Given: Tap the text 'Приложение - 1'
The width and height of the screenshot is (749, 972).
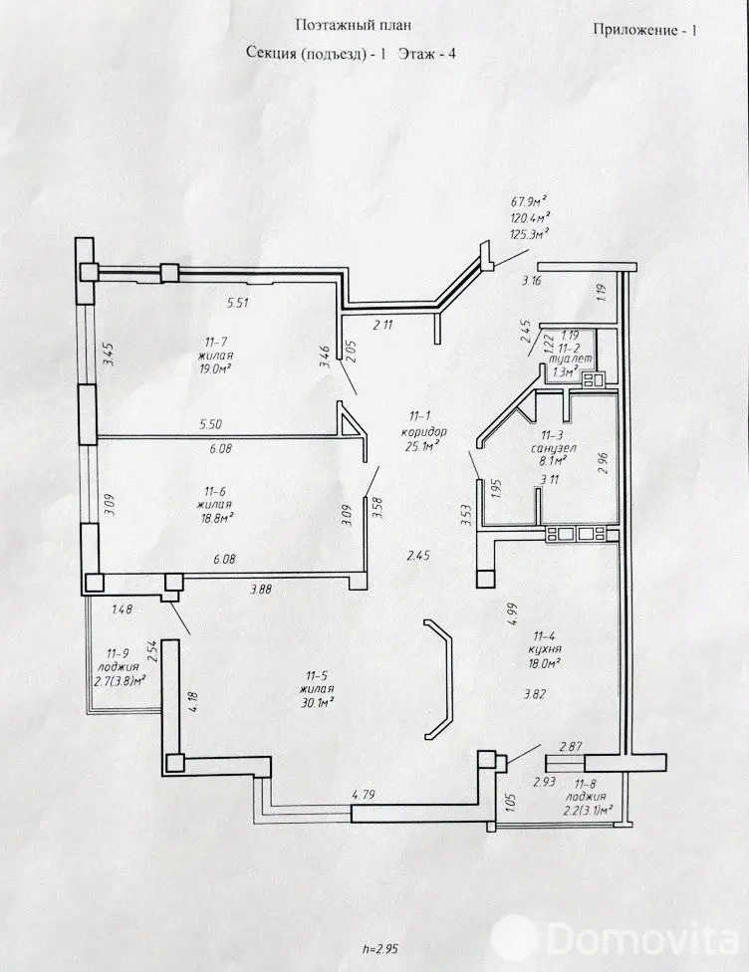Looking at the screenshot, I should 644,29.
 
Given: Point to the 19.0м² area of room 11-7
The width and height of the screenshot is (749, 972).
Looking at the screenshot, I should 216,365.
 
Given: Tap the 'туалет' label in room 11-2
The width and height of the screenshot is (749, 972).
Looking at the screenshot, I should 575,358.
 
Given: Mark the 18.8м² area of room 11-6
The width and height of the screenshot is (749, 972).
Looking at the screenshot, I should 214,518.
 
